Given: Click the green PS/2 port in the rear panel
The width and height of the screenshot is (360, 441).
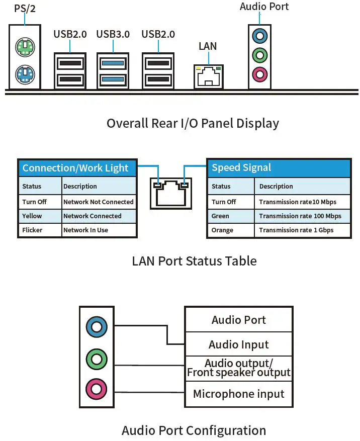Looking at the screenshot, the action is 25,47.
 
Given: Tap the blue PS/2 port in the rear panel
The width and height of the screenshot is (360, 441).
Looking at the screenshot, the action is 25,74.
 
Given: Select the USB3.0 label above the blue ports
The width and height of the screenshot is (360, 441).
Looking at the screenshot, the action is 113,34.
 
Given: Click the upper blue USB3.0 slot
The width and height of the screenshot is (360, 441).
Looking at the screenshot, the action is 113,63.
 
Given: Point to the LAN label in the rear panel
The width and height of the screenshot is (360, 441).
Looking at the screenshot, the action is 208,46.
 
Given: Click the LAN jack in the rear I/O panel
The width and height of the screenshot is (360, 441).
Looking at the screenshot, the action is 208,76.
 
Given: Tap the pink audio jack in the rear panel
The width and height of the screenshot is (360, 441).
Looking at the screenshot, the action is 259,74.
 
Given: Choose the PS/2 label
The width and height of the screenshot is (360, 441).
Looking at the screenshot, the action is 25,9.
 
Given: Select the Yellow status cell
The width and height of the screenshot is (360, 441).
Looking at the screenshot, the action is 40,216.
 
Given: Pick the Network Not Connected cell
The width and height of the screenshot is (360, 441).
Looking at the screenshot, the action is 99,202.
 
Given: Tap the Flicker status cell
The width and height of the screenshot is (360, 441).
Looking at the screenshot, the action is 40,230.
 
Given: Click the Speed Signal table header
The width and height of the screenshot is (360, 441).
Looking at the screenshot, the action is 279,168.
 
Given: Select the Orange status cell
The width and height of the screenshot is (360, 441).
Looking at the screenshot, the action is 231,230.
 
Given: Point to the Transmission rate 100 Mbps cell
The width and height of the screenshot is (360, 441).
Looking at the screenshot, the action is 302,216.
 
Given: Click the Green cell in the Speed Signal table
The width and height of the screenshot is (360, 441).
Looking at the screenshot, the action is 231,216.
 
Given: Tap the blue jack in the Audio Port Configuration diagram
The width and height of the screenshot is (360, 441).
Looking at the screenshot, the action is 97,327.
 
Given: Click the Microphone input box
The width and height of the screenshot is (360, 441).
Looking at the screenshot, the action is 239,394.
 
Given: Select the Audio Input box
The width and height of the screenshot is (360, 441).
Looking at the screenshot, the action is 239,344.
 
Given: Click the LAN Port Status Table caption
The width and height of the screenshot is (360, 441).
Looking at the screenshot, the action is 195,261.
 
